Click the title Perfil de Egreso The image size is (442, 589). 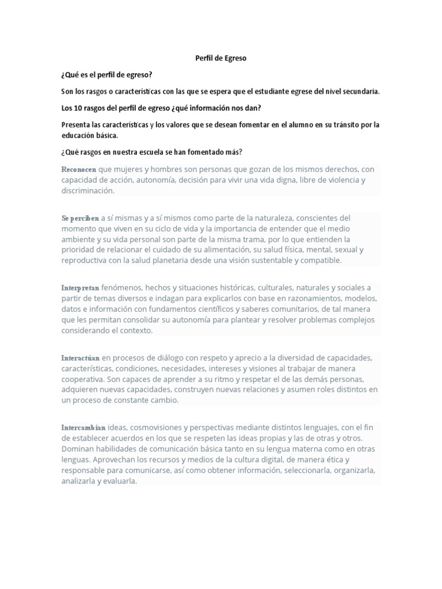tap(221, 58)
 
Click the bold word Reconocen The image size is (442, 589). tap(79, 169)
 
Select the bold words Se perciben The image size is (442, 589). tap(80, 219)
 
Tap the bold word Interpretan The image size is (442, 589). tap(81, 288)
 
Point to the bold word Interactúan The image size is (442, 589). tap(81, 358)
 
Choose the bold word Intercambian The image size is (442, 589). tap(83, 427)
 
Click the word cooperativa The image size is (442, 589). tap(83, 379)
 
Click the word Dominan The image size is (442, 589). tap(78, 449)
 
